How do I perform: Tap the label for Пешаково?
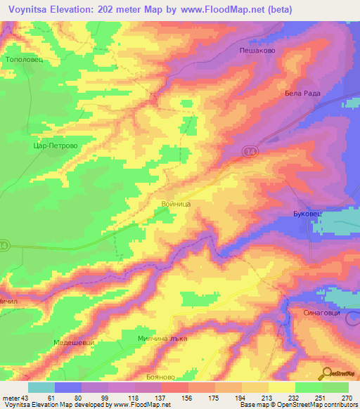pos(257,51)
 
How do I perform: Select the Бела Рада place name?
pos(302,93)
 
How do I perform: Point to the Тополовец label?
pos(25,60)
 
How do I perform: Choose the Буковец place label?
pos(307,212)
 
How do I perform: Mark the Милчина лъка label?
pos(164,338)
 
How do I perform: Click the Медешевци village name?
pos(74,342)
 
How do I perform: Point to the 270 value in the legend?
pos(347,397)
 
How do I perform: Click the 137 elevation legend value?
pos(160,397)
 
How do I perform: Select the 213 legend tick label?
pos(267,397)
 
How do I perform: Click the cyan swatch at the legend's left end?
pos(41,387)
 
